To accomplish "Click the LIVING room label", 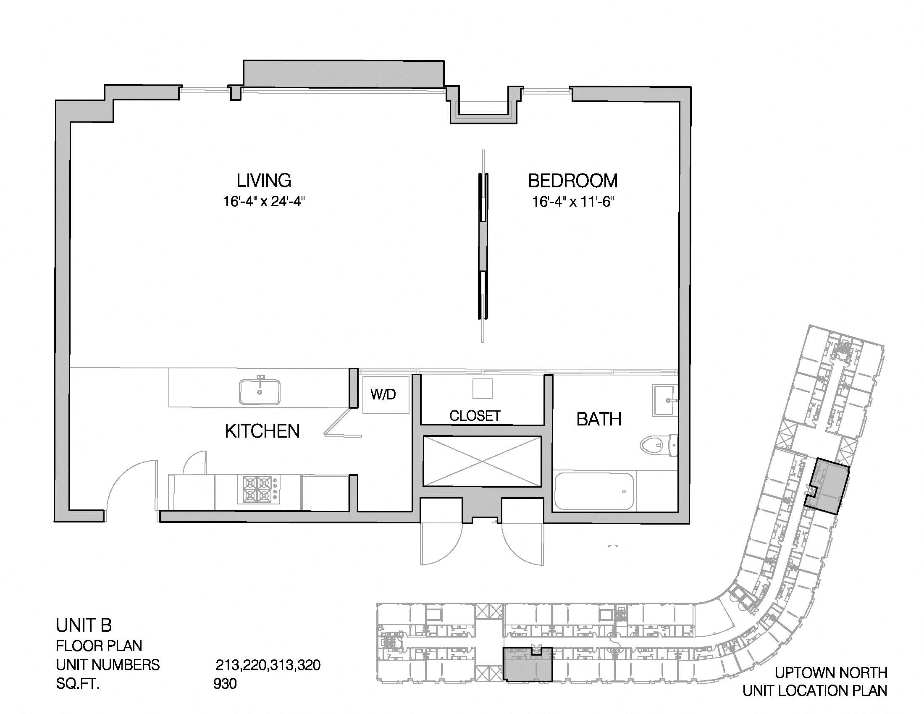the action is point(264,181).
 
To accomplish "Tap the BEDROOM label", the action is point(572,181).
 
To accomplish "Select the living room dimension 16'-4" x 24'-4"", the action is point(264,201).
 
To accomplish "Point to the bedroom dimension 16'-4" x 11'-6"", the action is point(573,202).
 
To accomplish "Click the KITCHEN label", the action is point(262,431).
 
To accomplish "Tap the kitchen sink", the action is point(260,392).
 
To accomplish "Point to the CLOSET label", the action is point(475,416).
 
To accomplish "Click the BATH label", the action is point(598,419).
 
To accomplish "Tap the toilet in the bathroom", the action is point(658,445).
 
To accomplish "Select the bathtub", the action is point(594,491).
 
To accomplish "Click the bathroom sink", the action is point(665,400).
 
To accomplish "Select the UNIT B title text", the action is point(84,625).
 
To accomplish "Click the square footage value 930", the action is point(225,683).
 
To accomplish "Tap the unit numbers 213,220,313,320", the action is point(268,665).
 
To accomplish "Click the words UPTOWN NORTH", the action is point(831,672).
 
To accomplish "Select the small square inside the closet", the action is point(482,388).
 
